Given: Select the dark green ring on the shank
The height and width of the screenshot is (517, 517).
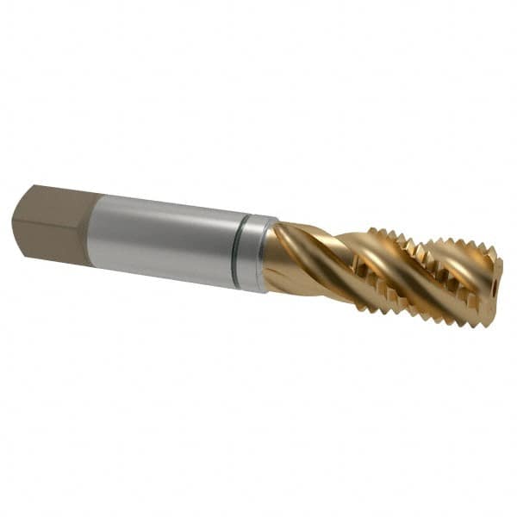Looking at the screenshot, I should pos(243,252).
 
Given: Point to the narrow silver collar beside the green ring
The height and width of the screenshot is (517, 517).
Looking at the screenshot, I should pos(258,254).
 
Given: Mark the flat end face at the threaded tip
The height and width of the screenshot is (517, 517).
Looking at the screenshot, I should pos(493,284).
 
